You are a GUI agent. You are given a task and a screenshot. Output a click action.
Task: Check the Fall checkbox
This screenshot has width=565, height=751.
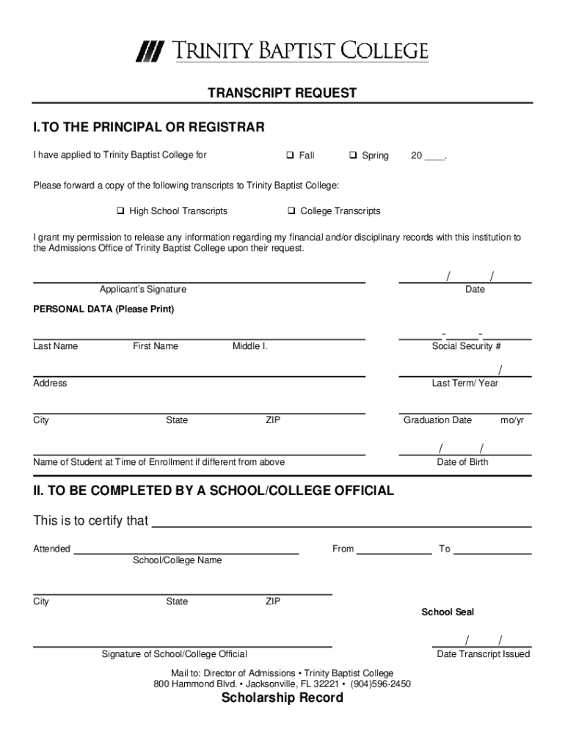pyautogui.click(x=291, y=155)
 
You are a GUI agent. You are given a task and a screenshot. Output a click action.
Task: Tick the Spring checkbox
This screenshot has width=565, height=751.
pyautogui.click(x=353, y=155)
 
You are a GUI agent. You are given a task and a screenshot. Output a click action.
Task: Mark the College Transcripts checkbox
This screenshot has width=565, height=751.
pyautogui.click(x=291, y=211)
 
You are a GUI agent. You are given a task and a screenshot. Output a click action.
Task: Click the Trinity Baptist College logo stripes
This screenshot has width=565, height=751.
pyautogui.click(x=150, y=52)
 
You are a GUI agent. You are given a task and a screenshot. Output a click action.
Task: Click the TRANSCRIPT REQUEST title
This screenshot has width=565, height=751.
pyautogui.click(x=282, y=93)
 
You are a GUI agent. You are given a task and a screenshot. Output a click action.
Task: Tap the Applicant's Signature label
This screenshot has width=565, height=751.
pyautogui.click(x=143, y=290)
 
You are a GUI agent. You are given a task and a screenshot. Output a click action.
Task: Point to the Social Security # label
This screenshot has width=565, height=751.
pyautogui.click(x=466, y=346)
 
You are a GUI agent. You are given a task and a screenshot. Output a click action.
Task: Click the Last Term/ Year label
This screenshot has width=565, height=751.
pyautogui.click(x=465, y=384)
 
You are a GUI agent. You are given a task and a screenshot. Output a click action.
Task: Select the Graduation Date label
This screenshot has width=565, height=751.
pyautogui.click(x=437, y=420)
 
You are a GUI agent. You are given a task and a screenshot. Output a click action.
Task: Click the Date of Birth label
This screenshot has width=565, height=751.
pyautogui.click(x=462, y=462)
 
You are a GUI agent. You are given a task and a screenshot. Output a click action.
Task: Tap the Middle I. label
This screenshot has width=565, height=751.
pyautogui.click(x=250, y=346)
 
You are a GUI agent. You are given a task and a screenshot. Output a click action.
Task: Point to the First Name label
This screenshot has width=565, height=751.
pyautogui.click(x=156, y=346)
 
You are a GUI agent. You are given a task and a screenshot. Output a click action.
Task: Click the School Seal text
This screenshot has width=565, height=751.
pyautogui.click(x=448, y=612)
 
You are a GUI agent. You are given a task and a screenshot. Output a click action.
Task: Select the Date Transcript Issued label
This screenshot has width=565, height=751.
pyautogui.click(x=484, y=654)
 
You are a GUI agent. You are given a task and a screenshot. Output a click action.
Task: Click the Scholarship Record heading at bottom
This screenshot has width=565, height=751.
pyautogui.click(x=282, y=698)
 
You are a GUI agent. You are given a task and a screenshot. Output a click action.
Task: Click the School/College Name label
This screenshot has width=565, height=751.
pyautogui.click(x=177, y=560)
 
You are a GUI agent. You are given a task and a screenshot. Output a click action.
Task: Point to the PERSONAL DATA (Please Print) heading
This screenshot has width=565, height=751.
pyautogui.click(x=103, y=309)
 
